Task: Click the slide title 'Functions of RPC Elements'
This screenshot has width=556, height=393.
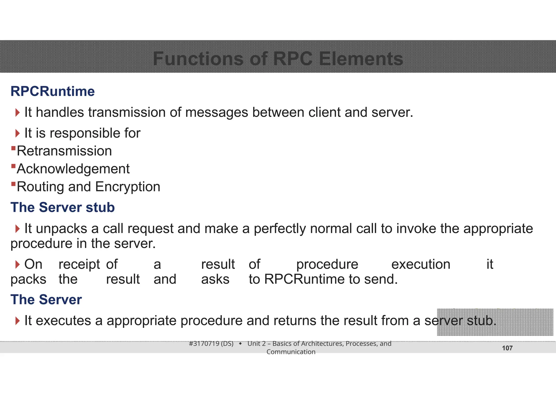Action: coord(278,59)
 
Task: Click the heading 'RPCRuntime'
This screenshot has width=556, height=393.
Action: coord(52,91)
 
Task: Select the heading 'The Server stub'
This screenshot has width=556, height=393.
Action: coord(62,208)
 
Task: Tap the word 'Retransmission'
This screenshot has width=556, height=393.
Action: coord(64,151)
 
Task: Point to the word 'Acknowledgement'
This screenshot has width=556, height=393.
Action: coord(73,169)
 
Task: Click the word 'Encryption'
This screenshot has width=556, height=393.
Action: coord(128,187)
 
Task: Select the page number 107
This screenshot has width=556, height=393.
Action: coord(507,348)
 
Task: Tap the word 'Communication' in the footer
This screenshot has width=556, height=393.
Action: coord(291,352)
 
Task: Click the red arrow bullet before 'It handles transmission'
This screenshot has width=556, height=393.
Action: coord(18,112)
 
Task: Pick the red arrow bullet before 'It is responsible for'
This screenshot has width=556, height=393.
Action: coord(18,133)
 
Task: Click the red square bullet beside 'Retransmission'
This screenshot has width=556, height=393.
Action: coord(13,148)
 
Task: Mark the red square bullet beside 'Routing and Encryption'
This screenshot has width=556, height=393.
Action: coord(13,184)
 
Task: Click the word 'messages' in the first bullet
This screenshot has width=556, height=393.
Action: coord(217,112)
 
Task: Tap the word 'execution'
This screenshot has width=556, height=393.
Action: coord(421,264)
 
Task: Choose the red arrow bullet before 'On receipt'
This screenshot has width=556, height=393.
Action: coord(18,264)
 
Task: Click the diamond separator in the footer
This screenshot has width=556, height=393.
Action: coord(240,344)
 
